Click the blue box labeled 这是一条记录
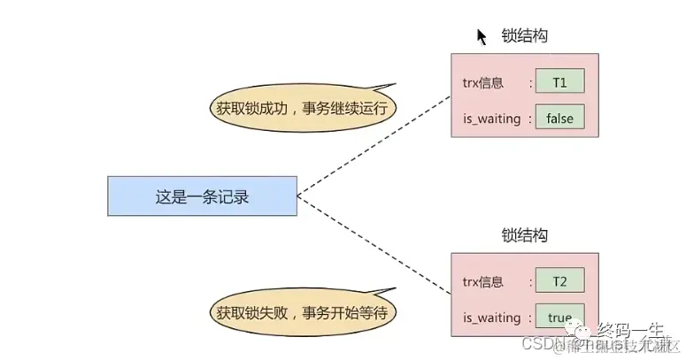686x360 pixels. point(202,195)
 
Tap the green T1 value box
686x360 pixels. point(559,83)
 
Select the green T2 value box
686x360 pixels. point(559,282)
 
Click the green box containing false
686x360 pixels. point(559,118)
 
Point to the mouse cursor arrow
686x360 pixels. point(482,36)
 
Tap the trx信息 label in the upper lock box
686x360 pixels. point(482,83)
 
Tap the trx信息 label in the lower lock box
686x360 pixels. point(482,282)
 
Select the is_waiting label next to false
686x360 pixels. point(491,118)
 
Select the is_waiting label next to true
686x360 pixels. point(491,316)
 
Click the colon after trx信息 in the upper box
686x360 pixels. point(530,83)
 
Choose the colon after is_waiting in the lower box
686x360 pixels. point(530,316)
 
